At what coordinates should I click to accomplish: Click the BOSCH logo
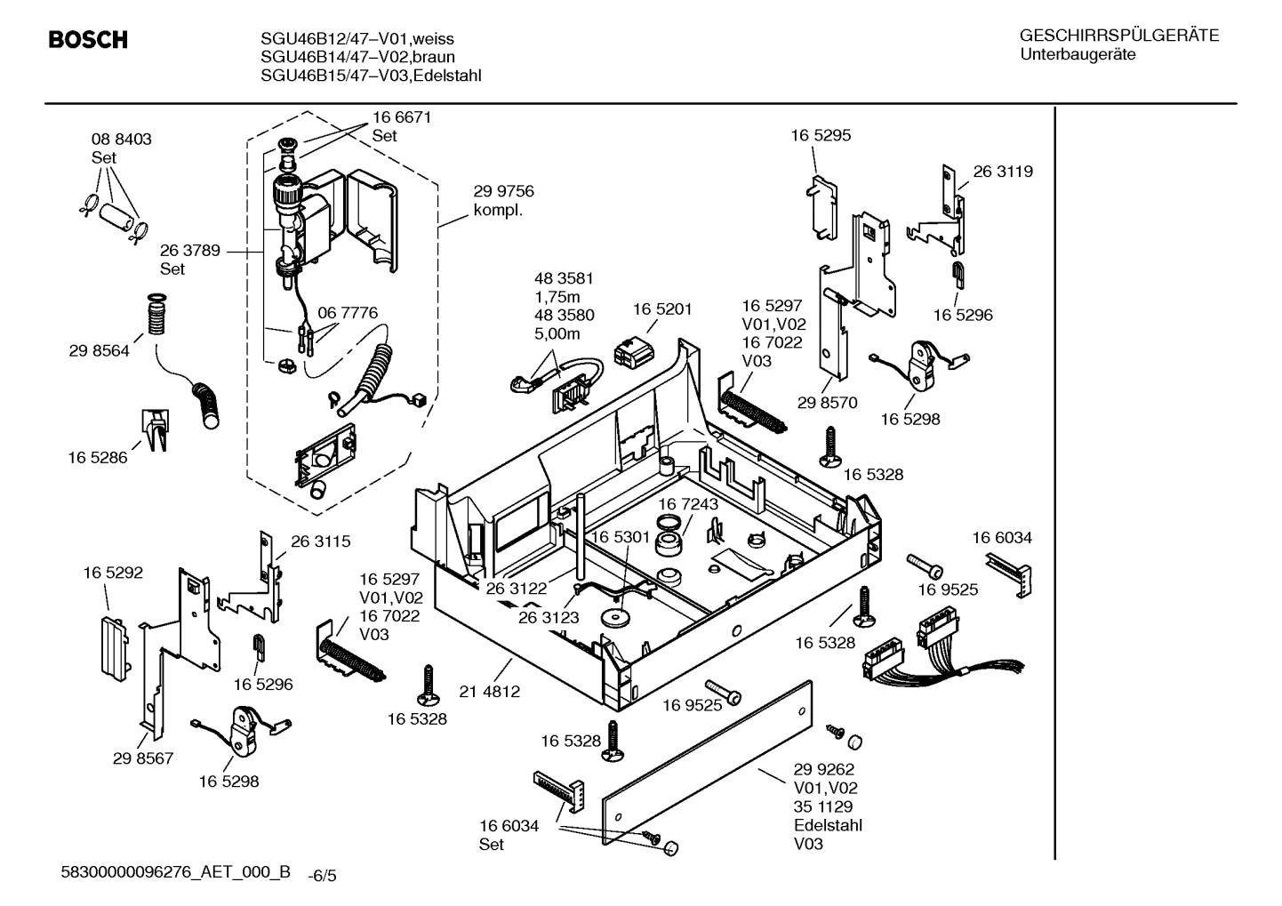click(x=87, y=40)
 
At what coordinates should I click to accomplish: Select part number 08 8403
click(x=121, y=140)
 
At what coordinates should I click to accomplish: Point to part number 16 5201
click(x=662, y=309)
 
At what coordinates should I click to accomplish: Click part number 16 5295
click(x=821, y=135)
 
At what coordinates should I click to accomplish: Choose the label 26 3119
click(x=1003, y=172)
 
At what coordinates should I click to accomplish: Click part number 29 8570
click(x=827, y=403)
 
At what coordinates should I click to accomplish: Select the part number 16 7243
click(x=688, y=504)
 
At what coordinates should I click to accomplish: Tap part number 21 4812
click(x=490, y=691)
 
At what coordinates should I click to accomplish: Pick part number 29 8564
click(x=99, y=351)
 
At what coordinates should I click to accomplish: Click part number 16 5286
click(x=97, y=458)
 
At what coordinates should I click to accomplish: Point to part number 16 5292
click(x=113, y=573)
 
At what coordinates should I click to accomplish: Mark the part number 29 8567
click(x=143, y=758)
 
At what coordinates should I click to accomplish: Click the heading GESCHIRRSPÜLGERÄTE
click(x=1118, y=36)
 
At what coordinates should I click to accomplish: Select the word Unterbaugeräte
click(x=1077, y=54)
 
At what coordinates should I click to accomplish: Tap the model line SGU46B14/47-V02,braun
click(x=357, y=57)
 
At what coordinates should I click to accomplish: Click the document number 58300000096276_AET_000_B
click(x=175, y=872)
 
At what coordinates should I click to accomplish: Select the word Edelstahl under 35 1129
click(x=827, y=825)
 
